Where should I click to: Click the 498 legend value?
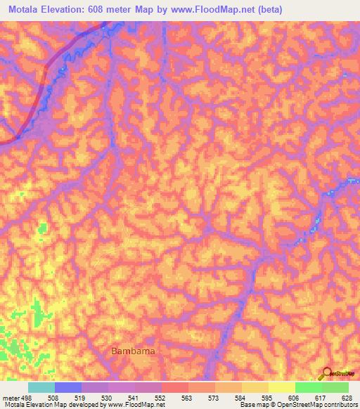point(23,397)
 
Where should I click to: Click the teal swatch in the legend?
point(41,387)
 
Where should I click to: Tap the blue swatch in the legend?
point(68,387)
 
